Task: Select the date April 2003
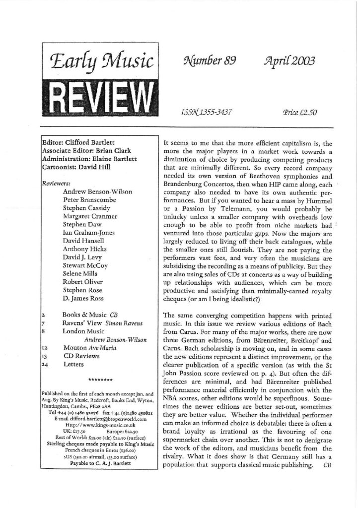pos(293,62)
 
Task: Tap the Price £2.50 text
pos(299,113)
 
